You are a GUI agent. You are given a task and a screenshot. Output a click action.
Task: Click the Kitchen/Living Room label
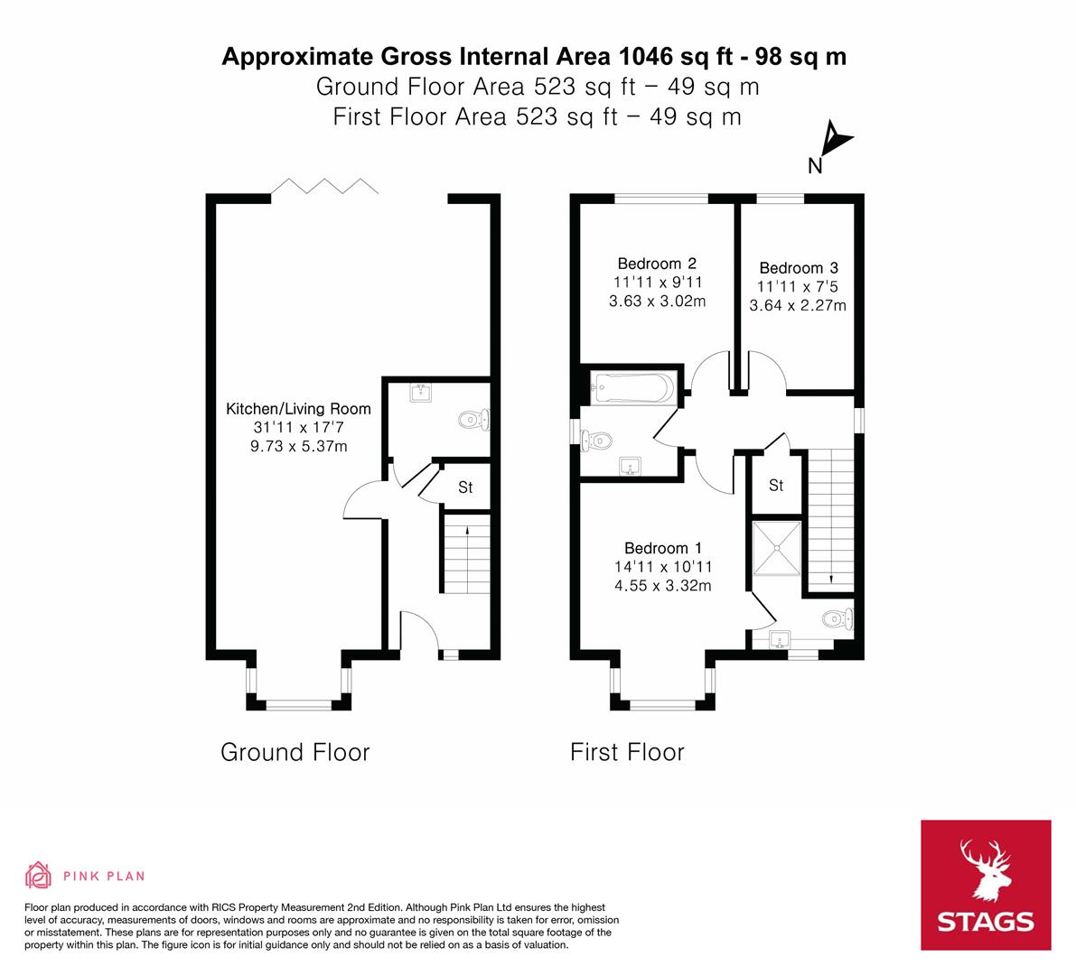coord(298,409)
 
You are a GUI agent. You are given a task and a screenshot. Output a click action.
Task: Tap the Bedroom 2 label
coord(657,264)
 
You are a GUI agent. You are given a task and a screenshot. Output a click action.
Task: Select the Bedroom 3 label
coord(799,268)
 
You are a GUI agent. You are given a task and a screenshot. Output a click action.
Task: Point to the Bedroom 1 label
coord(663,548)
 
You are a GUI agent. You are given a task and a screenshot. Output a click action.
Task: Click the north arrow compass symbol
coord(835,142)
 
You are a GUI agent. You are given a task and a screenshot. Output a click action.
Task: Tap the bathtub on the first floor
coord(632,389)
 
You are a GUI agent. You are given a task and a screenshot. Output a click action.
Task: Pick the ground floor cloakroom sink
coord(421,392)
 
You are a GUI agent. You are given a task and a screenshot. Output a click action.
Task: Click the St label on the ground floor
coord(465,487)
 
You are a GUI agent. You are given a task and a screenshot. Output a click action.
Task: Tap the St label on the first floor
coord(776,486)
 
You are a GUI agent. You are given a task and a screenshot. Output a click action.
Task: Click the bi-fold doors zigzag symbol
coord(325,186)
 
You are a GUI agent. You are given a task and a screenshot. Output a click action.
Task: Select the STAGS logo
coord(986,885)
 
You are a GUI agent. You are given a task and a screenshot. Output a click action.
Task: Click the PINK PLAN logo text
coord(104,876)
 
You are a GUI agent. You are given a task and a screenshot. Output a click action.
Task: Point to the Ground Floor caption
coord(295,752)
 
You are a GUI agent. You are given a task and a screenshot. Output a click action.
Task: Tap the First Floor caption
coord(627,752)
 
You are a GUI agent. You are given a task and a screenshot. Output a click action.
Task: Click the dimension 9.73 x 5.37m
coord(299,446)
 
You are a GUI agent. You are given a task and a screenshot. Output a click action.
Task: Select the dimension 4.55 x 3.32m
coord(663,585)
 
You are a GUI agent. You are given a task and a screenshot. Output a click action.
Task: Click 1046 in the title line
coord(646,57)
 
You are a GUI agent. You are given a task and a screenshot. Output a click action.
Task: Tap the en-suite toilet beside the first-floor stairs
coord(837,619)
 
